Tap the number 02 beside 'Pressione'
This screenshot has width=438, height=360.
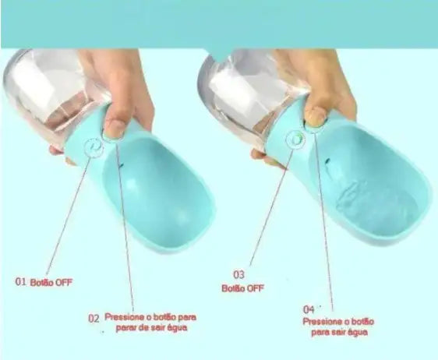point(94,318)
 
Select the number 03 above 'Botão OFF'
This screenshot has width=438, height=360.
point(238,274)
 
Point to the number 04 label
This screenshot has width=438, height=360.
point(309,309)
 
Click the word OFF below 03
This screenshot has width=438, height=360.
point(255,288)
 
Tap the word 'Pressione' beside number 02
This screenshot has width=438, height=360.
point(129,318)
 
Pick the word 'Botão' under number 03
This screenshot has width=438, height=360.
point(232,288)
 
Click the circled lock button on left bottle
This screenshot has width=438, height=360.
point(97,146)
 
